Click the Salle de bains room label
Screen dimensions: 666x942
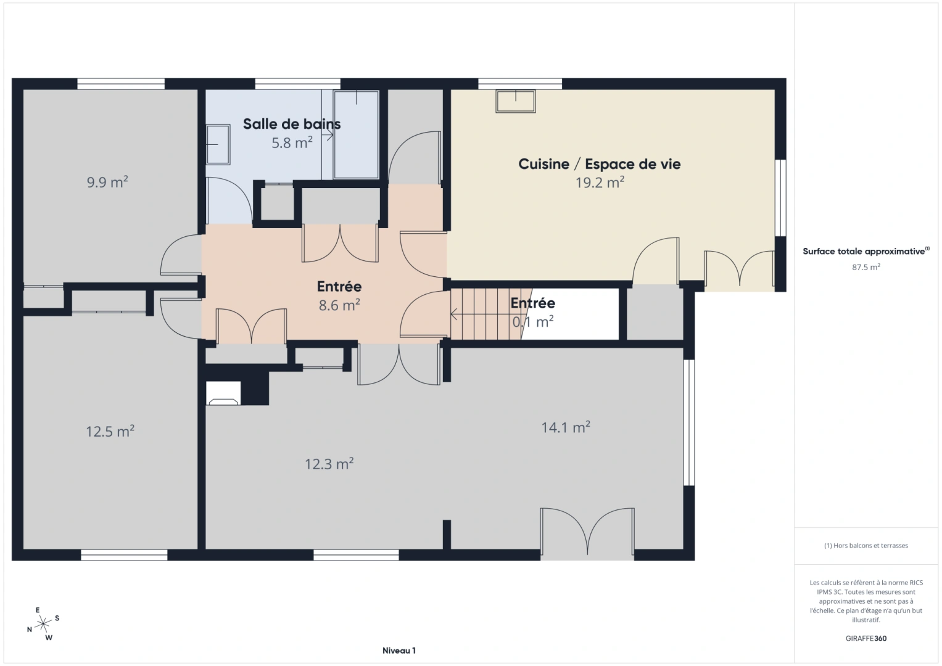point(291,124)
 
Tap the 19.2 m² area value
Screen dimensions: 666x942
point(600,183)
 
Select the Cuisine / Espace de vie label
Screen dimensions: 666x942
point(599,164)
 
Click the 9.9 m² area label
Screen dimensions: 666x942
point(107,182)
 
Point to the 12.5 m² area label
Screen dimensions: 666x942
point(110,431)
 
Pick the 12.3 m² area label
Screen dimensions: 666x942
point(329,464)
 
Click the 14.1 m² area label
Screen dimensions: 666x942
point(566,427)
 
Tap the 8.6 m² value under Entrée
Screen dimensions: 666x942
point(339,305)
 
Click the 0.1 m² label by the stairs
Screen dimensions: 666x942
point(533,321)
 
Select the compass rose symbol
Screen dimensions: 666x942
point(43,624)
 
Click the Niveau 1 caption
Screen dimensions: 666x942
point(399,651)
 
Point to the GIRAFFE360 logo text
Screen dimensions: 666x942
point(866,638)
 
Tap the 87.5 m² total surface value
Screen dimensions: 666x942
point(866,268)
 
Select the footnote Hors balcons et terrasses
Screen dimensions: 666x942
point(866,545)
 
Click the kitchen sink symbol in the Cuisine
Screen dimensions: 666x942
point(516,101)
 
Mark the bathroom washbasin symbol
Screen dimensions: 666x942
point(217,144)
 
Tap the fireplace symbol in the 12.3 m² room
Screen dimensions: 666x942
point(224,394)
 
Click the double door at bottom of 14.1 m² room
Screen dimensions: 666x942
point(587,533)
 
